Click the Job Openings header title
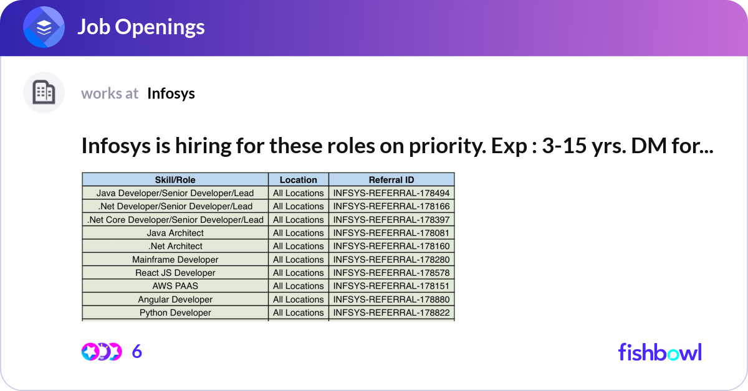[x=140, y=27]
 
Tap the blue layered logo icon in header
[x=44, y=27]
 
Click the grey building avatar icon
[x=44, y=93]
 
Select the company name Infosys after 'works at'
[x=171, y=93]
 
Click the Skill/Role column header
[x=175, y=180]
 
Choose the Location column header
[x=298, y=180]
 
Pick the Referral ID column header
[x=391, y=180]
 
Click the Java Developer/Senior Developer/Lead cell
[x=175, y=193]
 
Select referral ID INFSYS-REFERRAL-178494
[x=391, y=193]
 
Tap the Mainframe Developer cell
[x=175, y=260]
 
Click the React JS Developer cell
[x=175, y=273]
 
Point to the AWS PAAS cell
[x=175, y=286]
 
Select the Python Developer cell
[x=175, y=313]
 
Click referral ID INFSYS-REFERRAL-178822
[x=391, y=313]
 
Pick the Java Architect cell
[x=175, y=233]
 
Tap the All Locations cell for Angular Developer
[x=298, y=299]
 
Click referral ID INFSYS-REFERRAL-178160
[x=391, y=246]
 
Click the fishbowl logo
[x=659, y=352]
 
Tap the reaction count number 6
[x=137, y=352]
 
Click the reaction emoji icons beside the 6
[x=101, y=352]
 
